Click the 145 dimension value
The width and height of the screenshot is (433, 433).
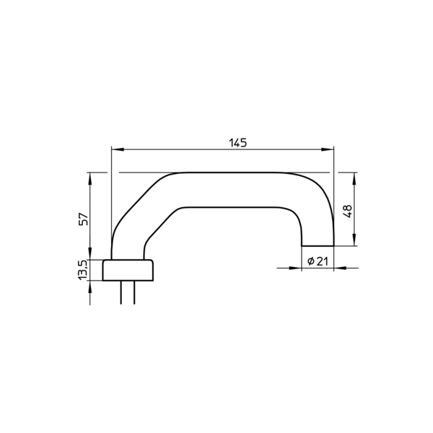(x=237, y=143)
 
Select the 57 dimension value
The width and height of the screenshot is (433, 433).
(x=84, y=219)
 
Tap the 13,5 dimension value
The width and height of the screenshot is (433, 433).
(x=83, y=270)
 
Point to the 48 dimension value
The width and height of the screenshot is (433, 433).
(x=348, y=211)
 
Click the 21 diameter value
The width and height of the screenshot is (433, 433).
(x=322, y=261)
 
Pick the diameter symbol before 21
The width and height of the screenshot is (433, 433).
(x=310, y=261)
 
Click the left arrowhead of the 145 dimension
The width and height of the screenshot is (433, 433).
(x=118, y=149)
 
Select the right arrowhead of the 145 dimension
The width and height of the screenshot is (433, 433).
(x=328, y=149)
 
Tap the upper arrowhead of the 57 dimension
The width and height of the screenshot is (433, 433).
(x=90, y=178)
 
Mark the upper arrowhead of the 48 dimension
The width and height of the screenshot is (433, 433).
(x=354, y=178)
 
